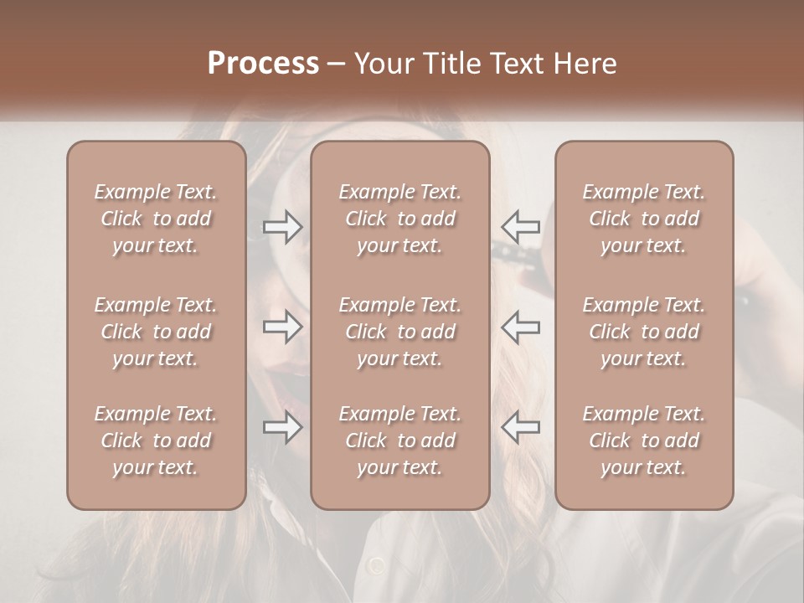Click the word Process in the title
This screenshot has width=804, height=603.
(x=263, y=64)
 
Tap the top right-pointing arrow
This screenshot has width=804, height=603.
(x=283, y=227)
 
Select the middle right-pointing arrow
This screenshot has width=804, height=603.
(x=283, y=327)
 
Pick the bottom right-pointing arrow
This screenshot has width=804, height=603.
(x=283, y=427)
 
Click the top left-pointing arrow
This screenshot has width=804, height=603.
(x=521, y=227)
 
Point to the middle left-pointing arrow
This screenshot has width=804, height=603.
(x=521, y=327)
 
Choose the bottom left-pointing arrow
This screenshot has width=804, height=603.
(x=521, y=427)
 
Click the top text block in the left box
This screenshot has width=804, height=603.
(x=156, y=219)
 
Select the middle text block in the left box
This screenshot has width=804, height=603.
(x=156, y=332)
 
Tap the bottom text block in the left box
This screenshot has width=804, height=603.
(x=156, y=441)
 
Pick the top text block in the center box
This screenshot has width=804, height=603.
(x=400, y=219)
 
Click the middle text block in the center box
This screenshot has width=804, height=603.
(x=400, y=332)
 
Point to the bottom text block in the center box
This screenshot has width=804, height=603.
(x=400, y=441)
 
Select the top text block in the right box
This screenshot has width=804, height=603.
(x=644, y=219)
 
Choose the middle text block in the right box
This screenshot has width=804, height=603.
(x=644, y=332)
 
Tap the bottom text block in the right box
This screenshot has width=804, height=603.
(x=644, y=441)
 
